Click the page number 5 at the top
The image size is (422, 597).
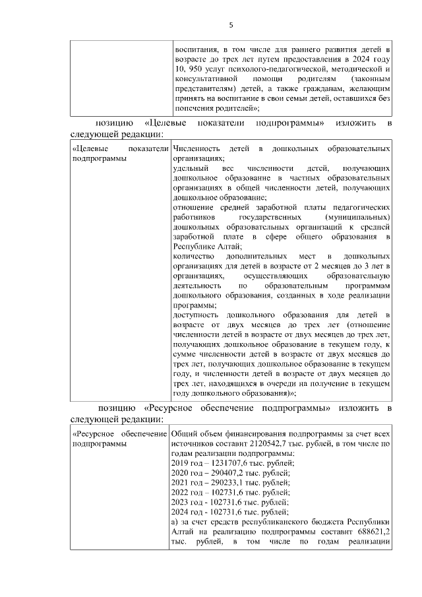click(231, 25)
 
